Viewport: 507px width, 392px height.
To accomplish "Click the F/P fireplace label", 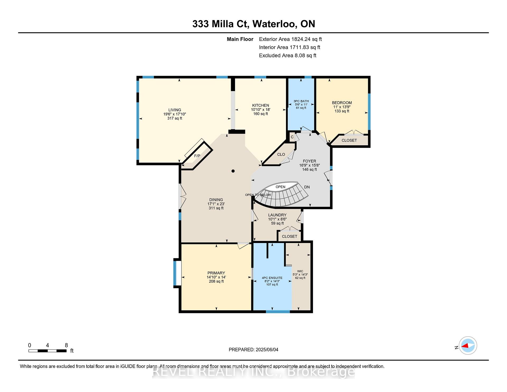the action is coord(197,156).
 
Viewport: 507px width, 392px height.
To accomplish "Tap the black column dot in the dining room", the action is coord(233,171).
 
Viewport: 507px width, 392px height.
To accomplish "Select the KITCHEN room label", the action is coord(261,105).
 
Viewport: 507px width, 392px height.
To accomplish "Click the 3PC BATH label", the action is coord(301,101).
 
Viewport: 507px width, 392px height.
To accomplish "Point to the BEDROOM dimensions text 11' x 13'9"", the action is coord(342,107).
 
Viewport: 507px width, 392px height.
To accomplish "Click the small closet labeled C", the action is coord(292,137).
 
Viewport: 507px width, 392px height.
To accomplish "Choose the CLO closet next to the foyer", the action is coord(281,155).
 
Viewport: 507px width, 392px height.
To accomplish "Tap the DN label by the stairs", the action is coord(307,187).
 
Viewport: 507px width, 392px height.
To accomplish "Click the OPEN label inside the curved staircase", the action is coord(280,187).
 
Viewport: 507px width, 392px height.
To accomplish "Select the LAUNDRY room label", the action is coord(277,215).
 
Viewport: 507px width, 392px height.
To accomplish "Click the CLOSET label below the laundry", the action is coord(289,236).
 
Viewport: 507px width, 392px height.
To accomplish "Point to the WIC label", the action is coord(300,271).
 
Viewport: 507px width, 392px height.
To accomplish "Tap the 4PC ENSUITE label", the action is coord(272,278).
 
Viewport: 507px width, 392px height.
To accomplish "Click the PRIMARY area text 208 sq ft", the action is coord(216,282).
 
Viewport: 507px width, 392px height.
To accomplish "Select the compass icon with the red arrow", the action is coord(468,346).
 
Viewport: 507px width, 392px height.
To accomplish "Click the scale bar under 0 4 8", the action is coord(48,351).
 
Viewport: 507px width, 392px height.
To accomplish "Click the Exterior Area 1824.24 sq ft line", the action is coord(290,39).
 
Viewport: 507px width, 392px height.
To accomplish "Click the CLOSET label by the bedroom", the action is coord(349,140).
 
